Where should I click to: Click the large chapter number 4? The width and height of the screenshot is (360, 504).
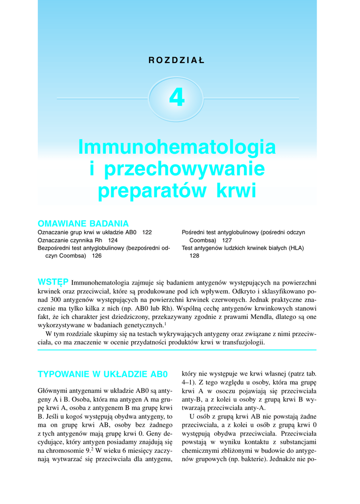[x=177, y=97]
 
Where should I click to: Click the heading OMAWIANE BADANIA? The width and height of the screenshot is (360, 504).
[x=83, y=223]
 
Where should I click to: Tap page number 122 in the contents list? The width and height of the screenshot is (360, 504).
[x=147, y=232]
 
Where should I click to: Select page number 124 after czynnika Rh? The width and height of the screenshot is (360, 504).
[x=113, y=240]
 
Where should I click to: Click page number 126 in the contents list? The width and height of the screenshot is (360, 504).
[x=96, y=256]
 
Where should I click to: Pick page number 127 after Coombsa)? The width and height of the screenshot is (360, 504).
[x=226, y=240]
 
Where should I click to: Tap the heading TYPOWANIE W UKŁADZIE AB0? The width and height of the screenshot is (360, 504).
[x=103, y=374]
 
